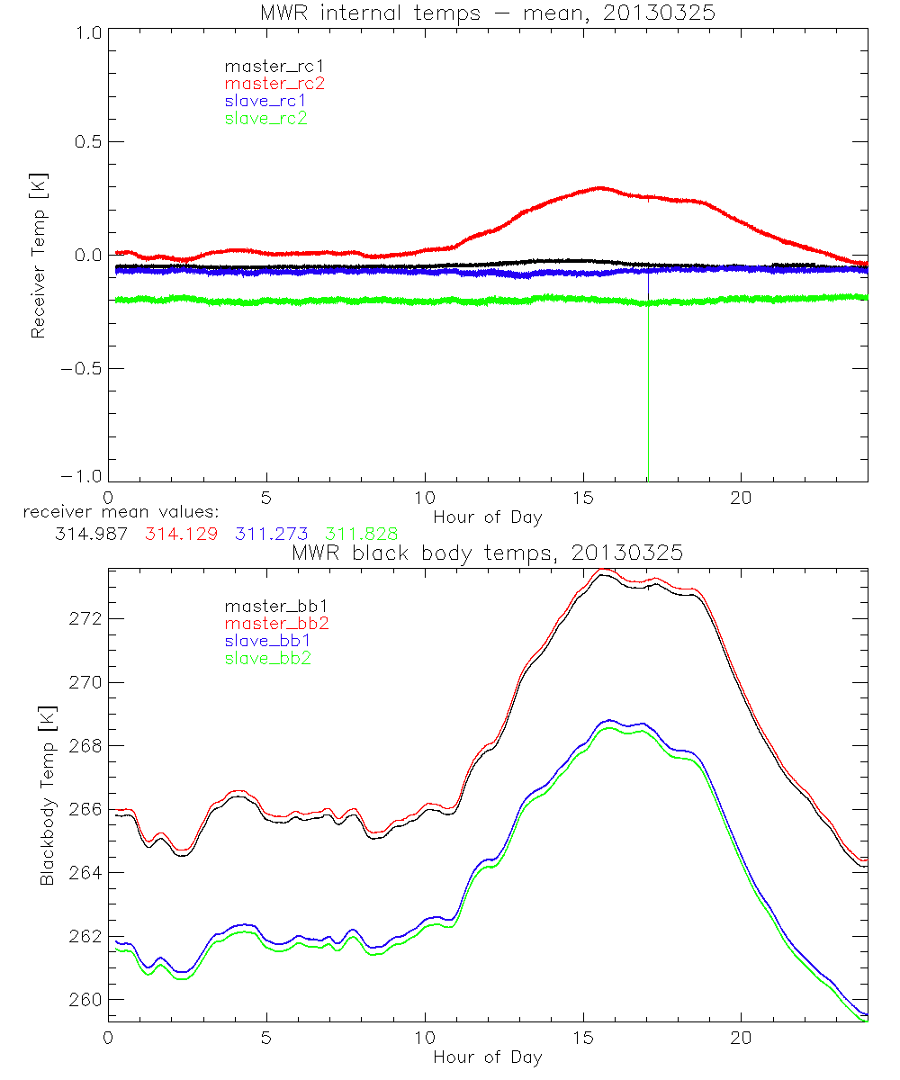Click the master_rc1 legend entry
pos(268,66)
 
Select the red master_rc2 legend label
pos(274,83)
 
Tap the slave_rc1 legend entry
pos(265,100)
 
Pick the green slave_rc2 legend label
pos(265,117)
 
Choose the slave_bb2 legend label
pos(266,658)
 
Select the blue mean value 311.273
pos(271,534)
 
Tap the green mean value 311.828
pos(363,534)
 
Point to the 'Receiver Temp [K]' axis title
pos(38,256)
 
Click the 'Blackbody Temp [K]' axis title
pos(47,795)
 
